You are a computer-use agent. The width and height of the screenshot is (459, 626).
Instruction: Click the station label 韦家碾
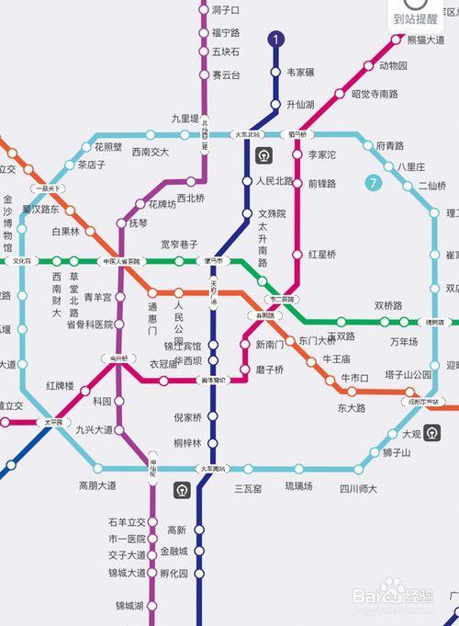(x=301, y=72)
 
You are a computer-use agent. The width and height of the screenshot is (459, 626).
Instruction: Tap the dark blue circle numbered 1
(x=275, y=40)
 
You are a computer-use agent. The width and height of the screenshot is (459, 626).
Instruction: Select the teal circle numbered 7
(x=373, y=183)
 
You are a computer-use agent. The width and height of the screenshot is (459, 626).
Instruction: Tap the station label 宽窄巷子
(x=180, y=245)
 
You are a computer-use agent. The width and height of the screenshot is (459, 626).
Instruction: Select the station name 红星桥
(x=322, y=254)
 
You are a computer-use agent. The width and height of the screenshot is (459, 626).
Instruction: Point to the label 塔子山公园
(x=409, y=374)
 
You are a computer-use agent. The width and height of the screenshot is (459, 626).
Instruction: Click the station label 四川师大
(x=358, y=487)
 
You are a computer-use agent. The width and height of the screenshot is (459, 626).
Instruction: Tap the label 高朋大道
(x=97, y=485)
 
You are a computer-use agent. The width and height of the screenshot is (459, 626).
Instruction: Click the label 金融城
(x=174, y=552)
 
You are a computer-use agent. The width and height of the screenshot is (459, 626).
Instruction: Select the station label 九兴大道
(x=95, y=429)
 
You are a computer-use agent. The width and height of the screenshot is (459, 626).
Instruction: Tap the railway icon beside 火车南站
(x=182, y=491)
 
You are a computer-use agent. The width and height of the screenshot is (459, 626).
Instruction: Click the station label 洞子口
(x=225, y=10)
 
